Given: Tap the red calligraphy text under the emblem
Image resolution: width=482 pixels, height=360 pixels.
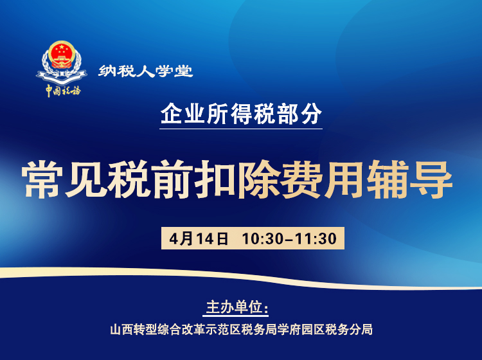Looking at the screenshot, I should pos(63,90).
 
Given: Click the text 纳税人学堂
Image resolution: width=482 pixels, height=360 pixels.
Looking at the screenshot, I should pos(146,71).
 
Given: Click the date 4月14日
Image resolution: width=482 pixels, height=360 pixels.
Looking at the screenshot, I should pos(200,239).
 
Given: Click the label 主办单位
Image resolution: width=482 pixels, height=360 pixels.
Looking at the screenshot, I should pos(235,305).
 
